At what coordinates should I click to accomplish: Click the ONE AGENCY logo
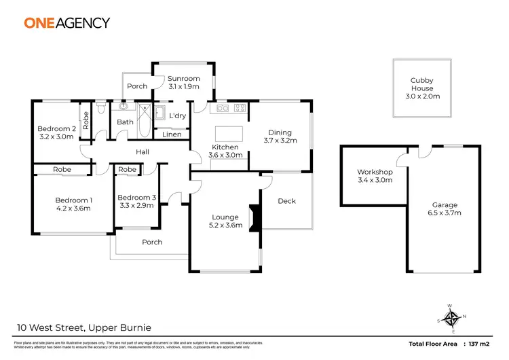coord(67,22)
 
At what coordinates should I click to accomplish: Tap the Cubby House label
coord(421,81)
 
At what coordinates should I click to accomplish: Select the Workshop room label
coord(375,172)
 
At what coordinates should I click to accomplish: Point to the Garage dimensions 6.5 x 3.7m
coord(446,213)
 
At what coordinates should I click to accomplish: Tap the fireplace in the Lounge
coord(254,217)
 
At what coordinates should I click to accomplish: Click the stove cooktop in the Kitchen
coord(240,108)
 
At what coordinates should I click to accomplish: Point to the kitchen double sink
coord(221,108)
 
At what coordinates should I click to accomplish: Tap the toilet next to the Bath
coord(100,108)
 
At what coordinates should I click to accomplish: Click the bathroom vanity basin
coord(124,107)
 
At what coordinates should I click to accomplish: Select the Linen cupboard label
coord(172,134)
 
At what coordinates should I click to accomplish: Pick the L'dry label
coord(178,116)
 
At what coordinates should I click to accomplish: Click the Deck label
coord(287,201)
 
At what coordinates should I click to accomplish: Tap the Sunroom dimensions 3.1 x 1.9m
coord(183,87)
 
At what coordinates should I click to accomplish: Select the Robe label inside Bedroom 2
coord(86,120)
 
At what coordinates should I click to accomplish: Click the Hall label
coord(143,151)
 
